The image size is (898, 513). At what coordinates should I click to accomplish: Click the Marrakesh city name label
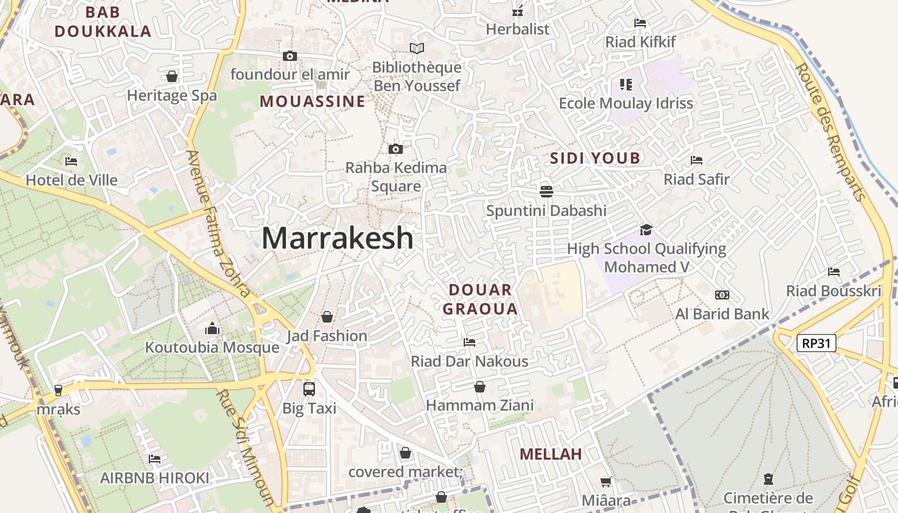point(337,239)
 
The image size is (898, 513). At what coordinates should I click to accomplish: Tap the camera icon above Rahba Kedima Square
point(396,149)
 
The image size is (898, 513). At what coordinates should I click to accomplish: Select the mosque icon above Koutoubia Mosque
point(212,329)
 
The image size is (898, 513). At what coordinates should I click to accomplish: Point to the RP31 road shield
point(817,343)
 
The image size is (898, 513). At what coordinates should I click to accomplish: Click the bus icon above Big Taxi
point(309,389)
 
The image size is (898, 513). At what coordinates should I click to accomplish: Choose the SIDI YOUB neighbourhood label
point(595,158)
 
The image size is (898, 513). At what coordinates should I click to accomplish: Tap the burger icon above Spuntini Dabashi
point(546,191)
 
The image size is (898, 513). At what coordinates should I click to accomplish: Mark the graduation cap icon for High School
point(646,230)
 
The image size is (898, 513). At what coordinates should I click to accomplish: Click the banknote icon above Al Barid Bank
point(722,295)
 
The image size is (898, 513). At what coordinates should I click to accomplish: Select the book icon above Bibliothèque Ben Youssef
point(417,48)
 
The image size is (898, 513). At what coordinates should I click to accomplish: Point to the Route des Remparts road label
point(831,131)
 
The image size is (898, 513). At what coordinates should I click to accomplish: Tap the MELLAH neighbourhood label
point(550,454)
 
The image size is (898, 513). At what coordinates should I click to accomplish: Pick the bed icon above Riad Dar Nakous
point(470,342)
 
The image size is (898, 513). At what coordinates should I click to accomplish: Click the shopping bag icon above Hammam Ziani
point(479,387)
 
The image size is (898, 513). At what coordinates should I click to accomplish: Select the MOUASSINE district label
point(312,101)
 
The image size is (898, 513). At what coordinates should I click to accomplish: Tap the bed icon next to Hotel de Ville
point(71,161)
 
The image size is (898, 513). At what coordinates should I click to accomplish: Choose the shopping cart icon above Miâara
point(606,481)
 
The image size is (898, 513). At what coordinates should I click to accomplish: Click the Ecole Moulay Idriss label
point(626,103)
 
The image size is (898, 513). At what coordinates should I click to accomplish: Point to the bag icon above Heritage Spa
point(172,76)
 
